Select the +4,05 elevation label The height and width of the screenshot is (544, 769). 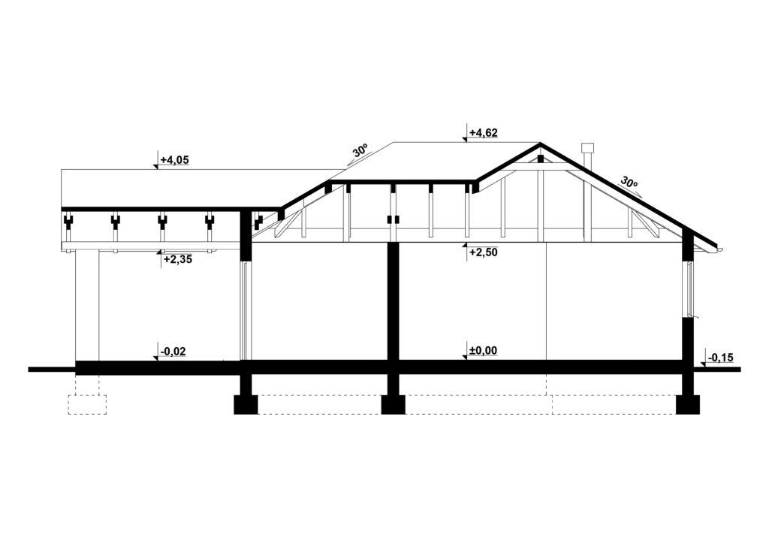[x=174, y=160]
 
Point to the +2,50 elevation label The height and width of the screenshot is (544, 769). [x=483, y=252]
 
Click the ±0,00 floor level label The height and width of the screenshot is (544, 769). [x=483, y=350]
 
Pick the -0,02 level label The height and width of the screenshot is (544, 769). [x=174, y=350]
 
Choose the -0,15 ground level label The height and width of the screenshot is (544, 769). [x=721, y=358]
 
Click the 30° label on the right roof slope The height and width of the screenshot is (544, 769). [x=629, y=183]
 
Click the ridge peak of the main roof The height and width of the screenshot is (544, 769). [x=539, y=144]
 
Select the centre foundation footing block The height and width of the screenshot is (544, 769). [x=393, y=404]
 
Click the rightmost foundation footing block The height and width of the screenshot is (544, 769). [x=687, y=404]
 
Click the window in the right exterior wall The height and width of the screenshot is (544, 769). [x=688, y=289]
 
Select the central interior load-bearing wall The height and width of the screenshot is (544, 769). [x=392, y=301]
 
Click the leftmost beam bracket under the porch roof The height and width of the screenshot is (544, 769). [x=68, y=222]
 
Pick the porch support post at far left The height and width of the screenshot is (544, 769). [x=87, y=304]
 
